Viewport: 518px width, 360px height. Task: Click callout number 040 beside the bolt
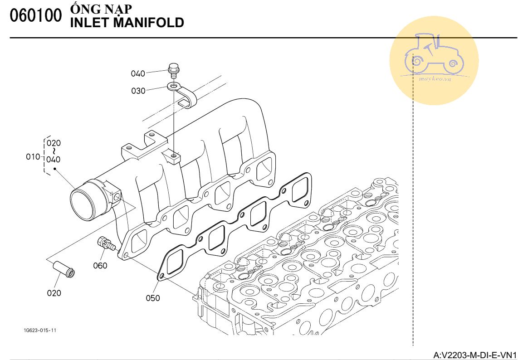coord(138,73)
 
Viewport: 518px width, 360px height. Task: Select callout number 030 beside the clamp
coord(138,91)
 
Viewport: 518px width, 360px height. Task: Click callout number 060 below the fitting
coord(100,265)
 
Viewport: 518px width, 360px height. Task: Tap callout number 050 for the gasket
coord(153,298)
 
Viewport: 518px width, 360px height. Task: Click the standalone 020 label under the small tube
coord(54,293)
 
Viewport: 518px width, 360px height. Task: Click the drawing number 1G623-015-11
coord(40,330)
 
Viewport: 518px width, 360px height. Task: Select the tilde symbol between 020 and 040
coord(54,151)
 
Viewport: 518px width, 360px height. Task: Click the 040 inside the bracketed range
coord(54,160)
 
